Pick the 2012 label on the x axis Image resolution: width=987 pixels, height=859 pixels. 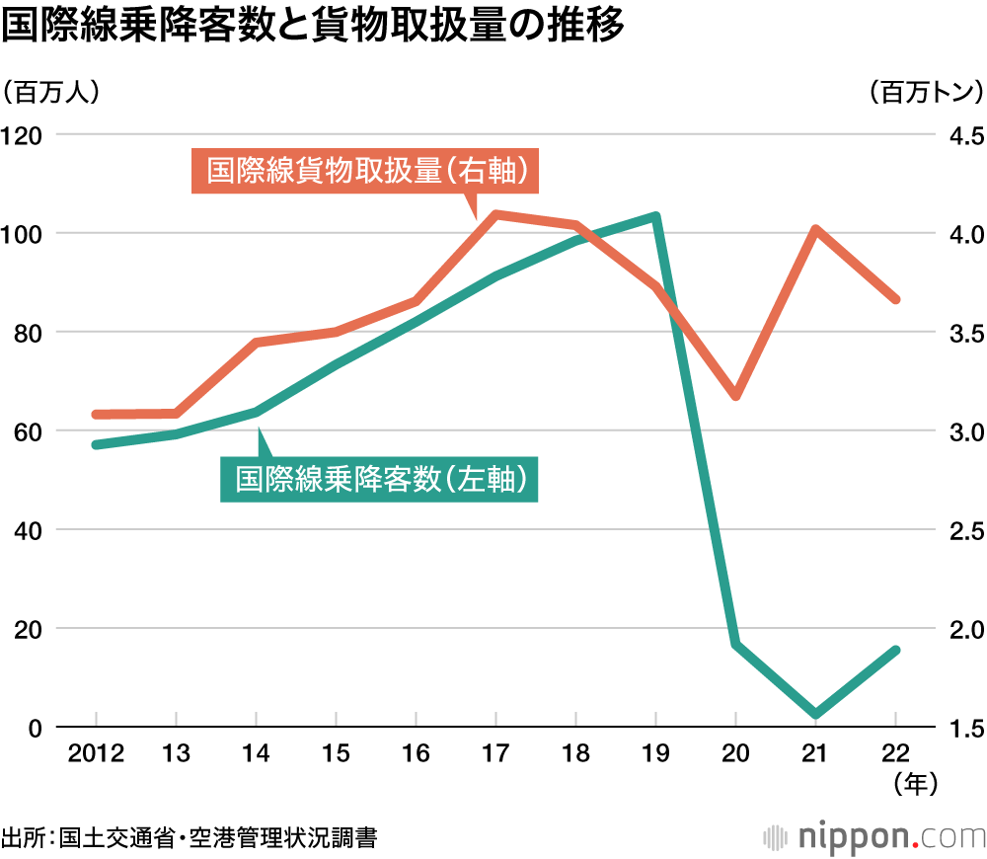(95, 754)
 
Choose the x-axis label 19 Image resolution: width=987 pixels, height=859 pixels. (655, 754)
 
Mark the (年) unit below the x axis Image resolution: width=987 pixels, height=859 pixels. (913, 783)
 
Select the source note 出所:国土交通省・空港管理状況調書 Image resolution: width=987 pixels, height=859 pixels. (189, 838)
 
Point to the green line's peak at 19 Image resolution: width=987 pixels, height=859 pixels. (655, 216)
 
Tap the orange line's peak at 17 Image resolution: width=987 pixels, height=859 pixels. (495, 214)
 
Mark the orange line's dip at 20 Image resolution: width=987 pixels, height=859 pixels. (735, 396)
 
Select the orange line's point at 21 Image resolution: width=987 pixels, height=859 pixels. (816, 230)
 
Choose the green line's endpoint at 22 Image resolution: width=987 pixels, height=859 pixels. (895, 650)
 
